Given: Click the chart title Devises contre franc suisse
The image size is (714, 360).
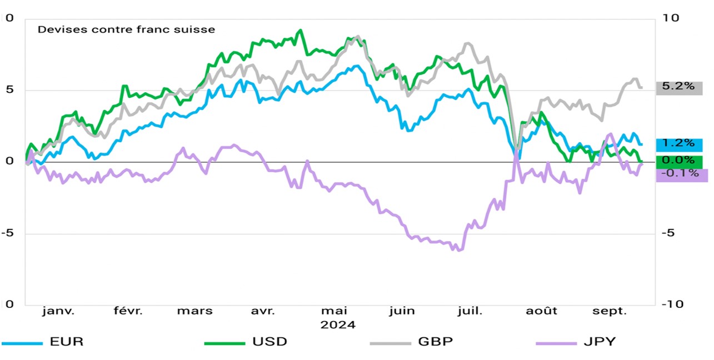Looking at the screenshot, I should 126,29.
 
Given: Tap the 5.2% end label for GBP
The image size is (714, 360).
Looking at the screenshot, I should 678,87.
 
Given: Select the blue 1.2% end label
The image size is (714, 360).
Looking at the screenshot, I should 678,144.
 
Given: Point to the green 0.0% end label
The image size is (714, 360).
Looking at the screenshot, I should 678,161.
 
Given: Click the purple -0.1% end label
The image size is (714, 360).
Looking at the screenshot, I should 678,174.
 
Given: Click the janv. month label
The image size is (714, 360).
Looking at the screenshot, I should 58,311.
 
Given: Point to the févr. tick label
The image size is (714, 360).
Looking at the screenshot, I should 128,311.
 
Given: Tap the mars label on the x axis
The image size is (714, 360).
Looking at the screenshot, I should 194,311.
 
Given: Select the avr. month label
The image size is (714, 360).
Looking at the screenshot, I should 263,311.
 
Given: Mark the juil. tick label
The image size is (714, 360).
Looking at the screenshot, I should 470,311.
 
